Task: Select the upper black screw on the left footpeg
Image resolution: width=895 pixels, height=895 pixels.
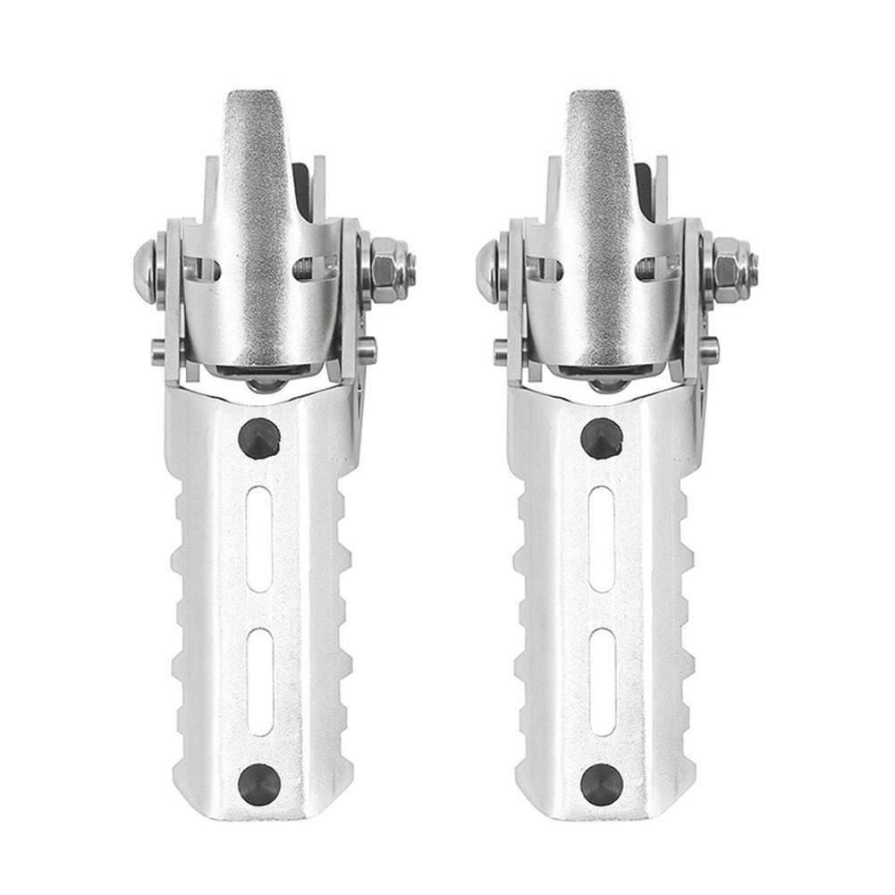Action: pyautogui.click(x=260, y=438)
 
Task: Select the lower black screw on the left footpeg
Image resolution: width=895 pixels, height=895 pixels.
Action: pyautogui.click(x=259, y=783)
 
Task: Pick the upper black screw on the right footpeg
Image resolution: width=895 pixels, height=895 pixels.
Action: pyautogui.click(x=602, y=438)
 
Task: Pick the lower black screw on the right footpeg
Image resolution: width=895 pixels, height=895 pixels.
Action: pyautogui.click(x=602, y=783)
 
